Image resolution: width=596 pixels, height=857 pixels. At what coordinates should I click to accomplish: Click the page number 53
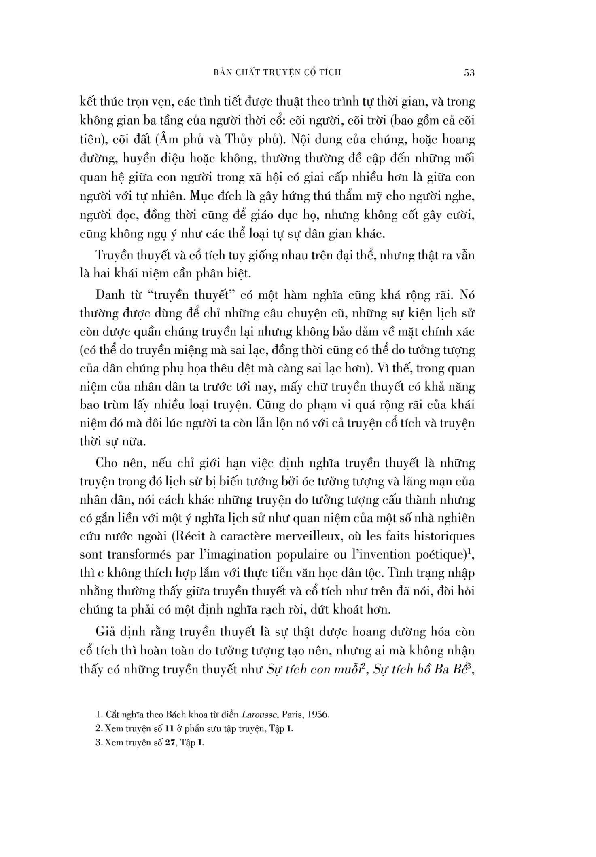[x=469, y=73]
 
